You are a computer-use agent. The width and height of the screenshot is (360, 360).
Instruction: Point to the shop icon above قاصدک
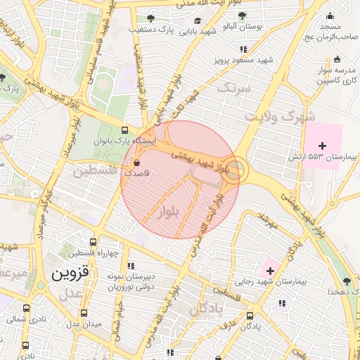[x=136, y=163]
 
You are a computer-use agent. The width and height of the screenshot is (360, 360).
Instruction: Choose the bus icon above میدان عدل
[x=84, y=313]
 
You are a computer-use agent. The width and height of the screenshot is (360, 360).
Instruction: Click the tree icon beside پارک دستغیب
[x=150, y=18]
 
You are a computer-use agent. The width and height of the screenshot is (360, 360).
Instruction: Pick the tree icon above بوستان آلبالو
[x=242, y=15]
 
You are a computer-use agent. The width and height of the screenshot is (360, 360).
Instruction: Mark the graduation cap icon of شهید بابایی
[x=198, y=21]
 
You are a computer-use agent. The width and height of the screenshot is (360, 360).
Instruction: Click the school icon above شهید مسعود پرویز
[x=243, y=49]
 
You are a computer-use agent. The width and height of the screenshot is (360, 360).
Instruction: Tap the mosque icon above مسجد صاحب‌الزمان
[x=329, y=15]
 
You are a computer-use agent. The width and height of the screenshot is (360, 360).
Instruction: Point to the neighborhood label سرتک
[x=233, y=89]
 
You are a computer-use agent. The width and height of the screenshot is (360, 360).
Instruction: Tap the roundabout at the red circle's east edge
[x=236, y=171]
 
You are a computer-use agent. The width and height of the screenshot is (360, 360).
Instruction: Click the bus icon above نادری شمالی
[x=26, y=308]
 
